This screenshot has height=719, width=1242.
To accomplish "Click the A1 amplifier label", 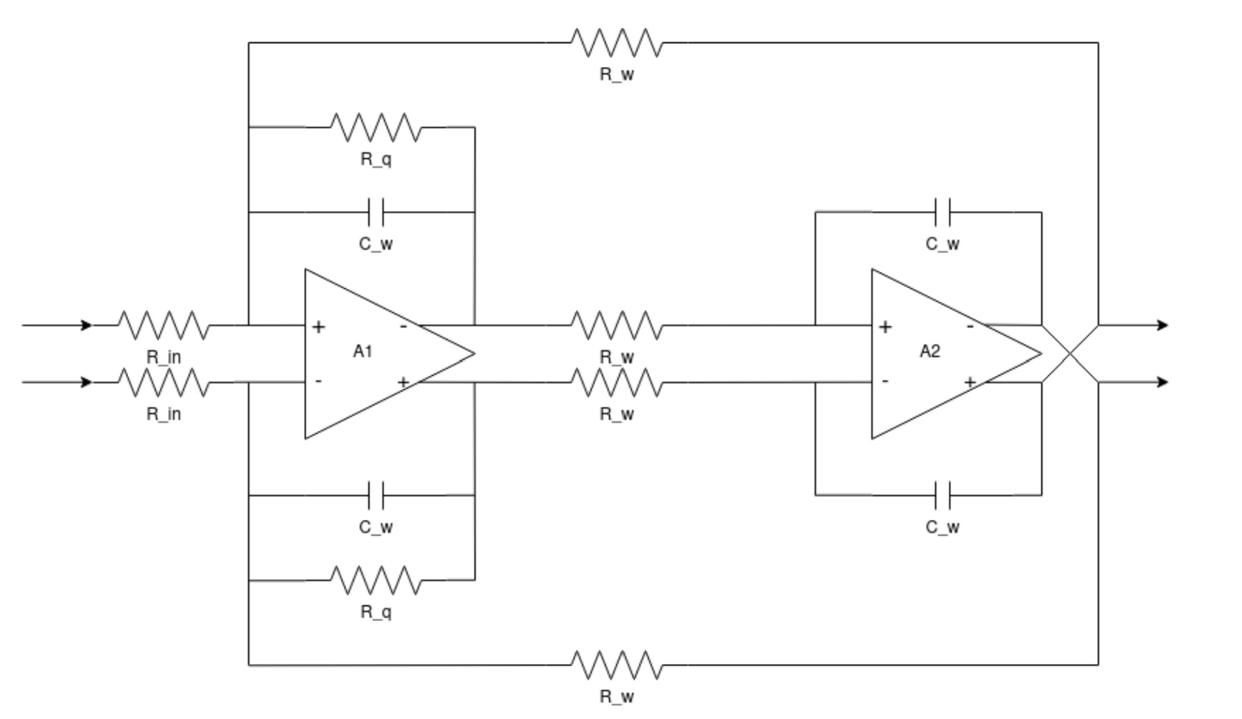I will pos(362,351).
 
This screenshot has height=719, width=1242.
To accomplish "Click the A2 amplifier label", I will pos(929,351).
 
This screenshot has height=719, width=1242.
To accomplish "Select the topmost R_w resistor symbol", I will pos(616,42).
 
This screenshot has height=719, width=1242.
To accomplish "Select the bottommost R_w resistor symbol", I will pos(616,665).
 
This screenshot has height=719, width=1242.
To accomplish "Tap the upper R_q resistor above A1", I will pos(376,127).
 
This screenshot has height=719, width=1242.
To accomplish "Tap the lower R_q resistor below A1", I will pos(376,580).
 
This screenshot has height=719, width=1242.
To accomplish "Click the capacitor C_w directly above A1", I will pos(376,212).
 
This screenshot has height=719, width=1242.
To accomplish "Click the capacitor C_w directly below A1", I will pos(376,496).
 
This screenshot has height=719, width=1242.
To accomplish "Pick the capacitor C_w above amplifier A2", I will pos(942,212).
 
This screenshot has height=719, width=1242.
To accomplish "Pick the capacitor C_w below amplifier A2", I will pos(942,496).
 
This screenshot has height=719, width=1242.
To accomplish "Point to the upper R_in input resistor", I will pos(164,325).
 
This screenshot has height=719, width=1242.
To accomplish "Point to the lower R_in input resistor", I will pos(164,382).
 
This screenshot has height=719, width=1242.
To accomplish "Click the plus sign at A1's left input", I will pos(318,326).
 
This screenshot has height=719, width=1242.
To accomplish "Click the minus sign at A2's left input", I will pos(885,381).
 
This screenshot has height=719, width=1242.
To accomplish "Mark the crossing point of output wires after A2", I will pos(1070,353).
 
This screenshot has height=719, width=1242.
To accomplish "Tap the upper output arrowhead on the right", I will pos(1163,325).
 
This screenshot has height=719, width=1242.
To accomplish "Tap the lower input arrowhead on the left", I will pos(87,382).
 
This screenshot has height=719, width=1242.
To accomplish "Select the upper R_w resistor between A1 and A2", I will pos(616,325).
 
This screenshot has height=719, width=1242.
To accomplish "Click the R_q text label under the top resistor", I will pos(376,159).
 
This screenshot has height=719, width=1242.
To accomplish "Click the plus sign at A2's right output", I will pos(970,381).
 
